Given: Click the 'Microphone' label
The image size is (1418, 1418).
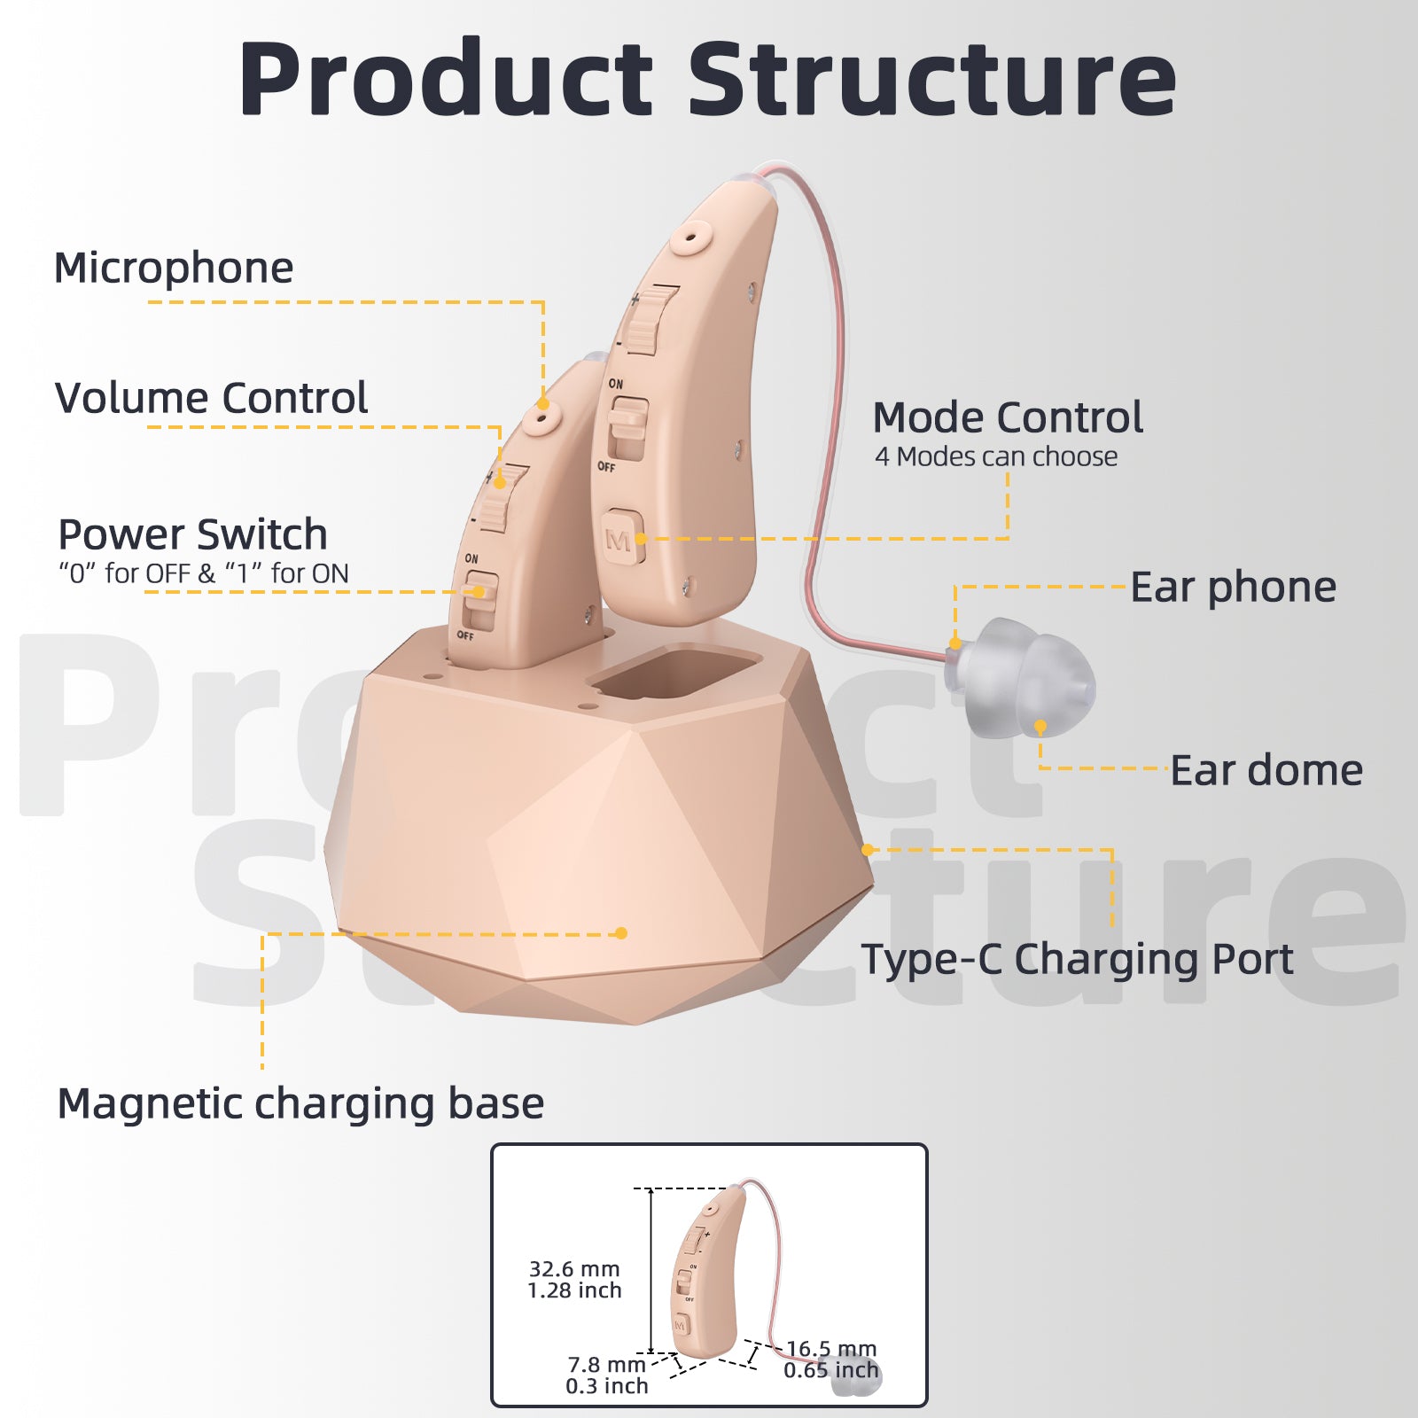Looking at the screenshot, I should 174,268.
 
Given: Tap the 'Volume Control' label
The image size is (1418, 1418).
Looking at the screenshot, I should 211,398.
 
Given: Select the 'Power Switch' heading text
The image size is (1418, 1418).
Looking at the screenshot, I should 192,534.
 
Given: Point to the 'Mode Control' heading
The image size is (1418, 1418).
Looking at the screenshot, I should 1008,417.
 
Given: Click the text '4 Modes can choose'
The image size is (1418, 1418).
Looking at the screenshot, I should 996,457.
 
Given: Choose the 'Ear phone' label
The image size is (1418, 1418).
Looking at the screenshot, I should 1233,588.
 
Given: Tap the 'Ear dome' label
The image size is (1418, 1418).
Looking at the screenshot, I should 1266,770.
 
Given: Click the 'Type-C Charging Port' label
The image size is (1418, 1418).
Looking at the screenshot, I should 1077,959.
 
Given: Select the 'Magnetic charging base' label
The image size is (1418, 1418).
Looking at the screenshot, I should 300,1104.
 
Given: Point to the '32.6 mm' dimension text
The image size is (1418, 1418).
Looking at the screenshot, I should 574,1269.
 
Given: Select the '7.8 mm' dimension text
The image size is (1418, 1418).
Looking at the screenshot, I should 606,1365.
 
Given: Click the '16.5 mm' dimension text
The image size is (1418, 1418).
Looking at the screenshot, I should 830,1349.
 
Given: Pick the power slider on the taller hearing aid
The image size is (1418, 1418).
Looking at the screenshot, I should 627,428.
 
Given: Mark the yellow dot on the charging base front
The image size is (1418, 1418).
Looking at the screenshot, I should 621,933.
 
